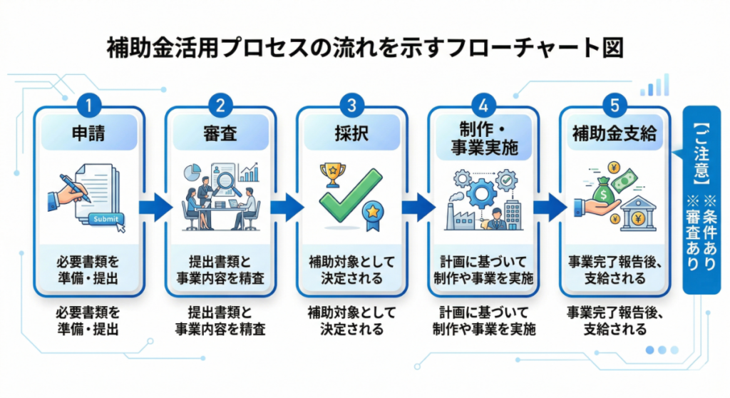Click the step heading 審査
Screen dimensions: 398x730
[220, 133]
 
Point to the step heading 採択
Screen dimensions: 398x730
[351, 133]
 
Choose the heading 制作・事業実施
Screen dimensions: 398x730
[483, 138]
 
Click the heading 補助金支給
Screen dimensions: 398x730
[615, 133]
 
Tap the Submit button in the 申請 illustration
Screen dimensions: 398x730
[105, 220]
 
